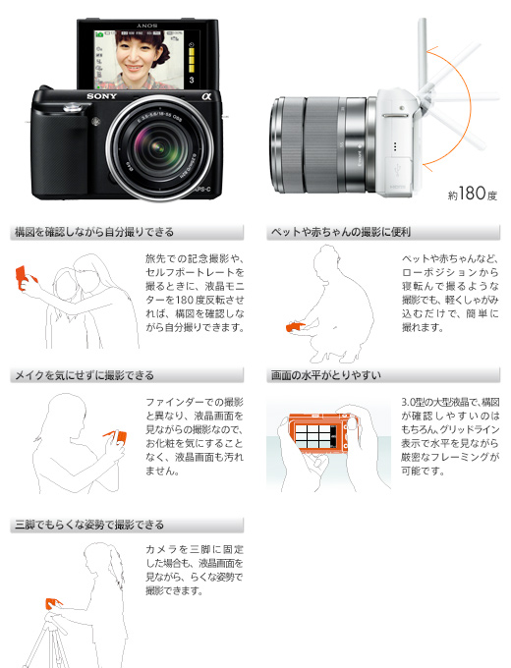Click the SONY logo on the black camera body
coord(101,96)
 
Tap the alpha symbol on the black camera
coord(206,96)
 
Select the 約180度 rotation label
coord(473,194)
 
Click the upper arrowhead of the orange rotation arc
coord(431,52)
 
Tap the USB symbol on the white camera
coord(398,170)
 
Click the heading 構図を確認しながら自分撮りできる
coord(94,232)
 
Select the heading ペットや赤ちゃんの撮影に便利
coord(341,232)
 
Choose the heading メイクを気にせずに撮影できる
coord(85,375)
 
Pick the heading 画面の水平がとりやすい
coord(326,375)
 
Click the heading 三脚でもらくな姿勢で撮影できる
coord(89,525)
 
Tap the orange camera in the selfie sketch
coord(23,276)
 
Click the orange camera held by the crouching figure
coord(296,327)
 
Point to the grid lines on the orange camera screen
coord(313,436)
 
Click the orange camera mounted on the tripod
coord(54,603)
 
